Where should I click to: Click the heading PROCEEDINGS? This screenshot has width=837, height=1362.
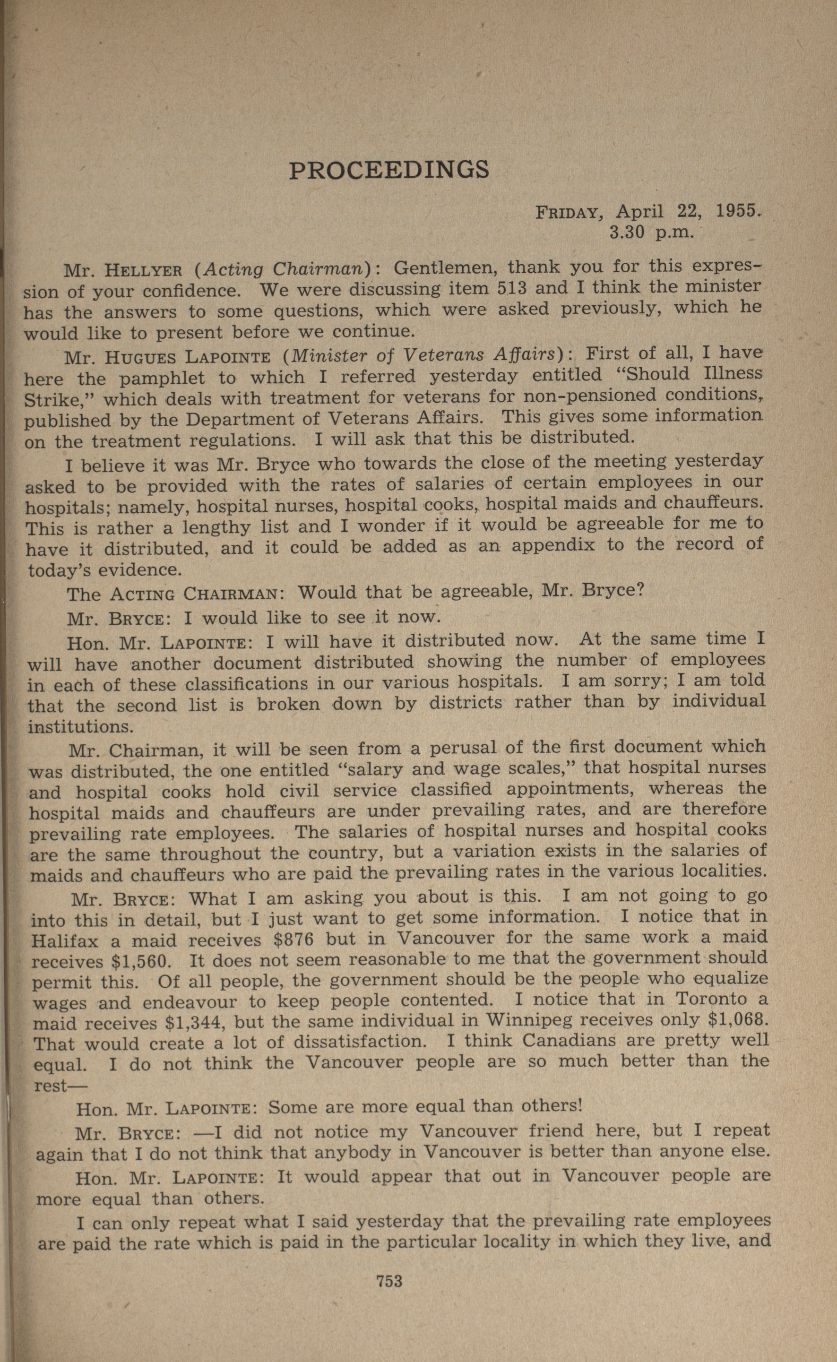coord(389,170)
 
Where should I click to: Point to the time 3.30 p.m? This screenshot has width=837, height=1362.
coord(651,233)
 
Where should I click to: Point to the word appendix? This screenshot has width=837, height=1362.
coord(553,546)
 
